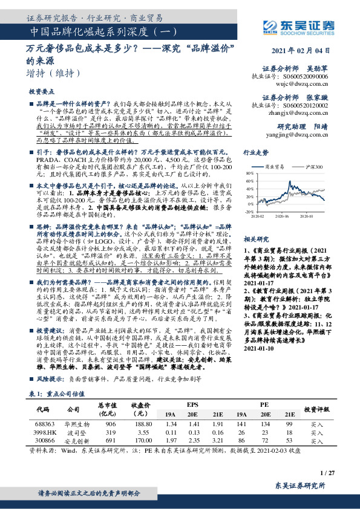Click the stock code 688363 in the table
pos(42,424)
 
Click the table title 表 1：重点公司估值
pos(57,394)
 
